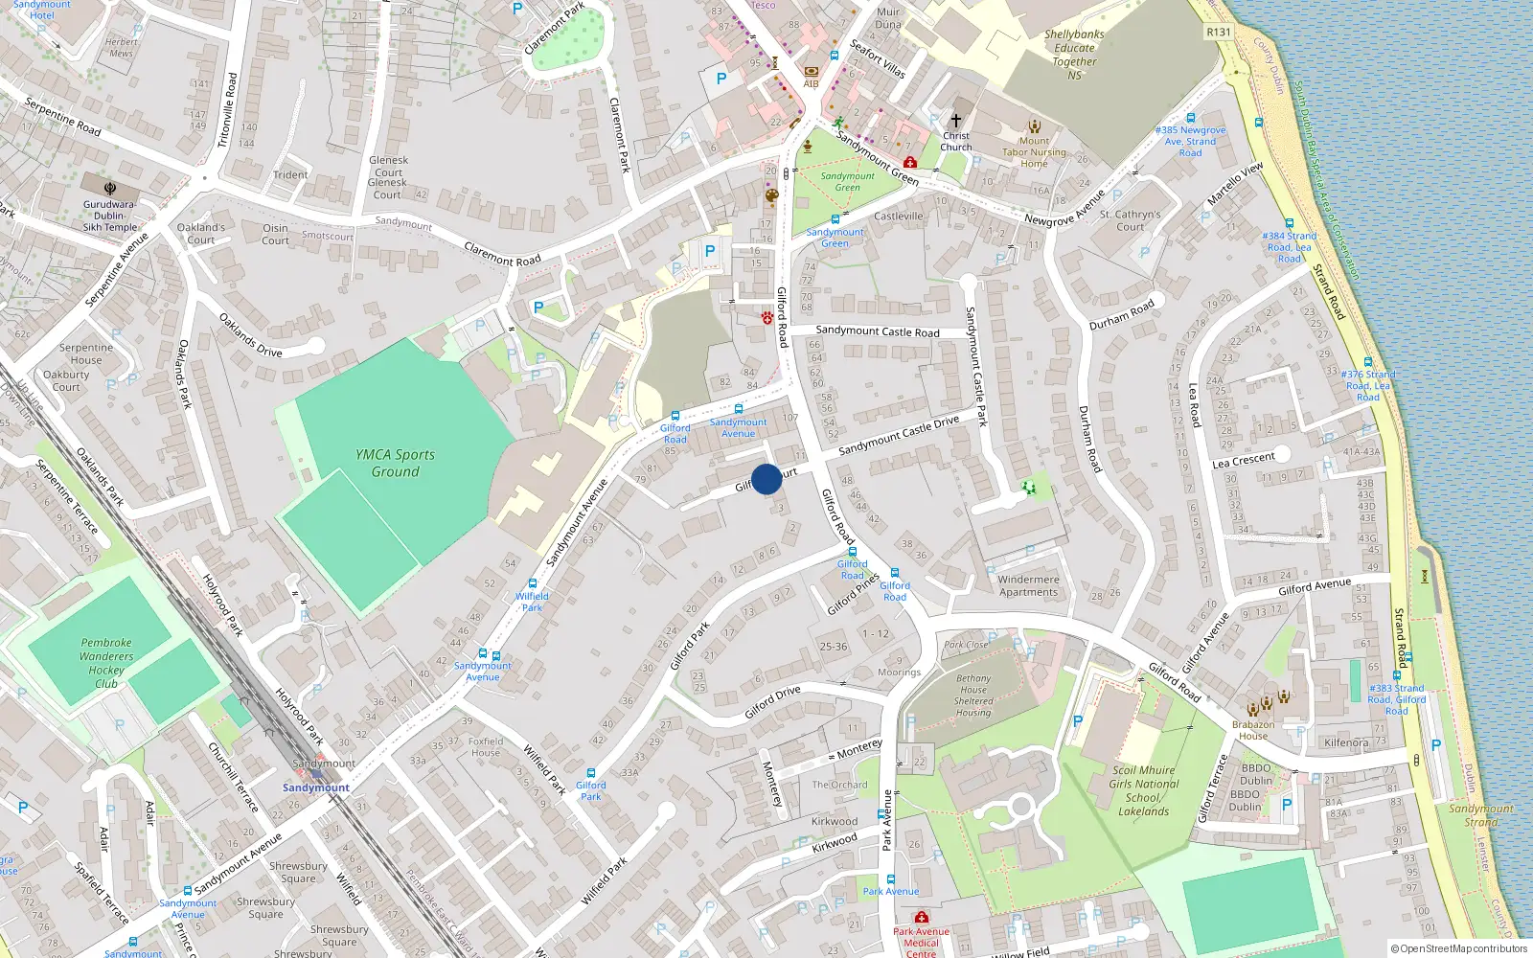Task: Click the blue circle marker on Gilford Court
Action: (x=766, y=479)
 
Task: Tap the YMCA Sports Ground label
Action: (x=395, y=463)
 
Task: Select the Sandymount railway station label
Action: (x=316, y=787)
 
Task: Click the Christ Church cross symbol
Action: (x=955, y=121)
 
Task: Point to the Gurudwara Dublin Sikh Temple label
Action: (x=109, y=216)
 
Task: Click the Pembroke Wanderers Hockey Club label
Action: (x=106, y=663)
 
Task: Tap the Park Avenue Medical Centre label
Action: (x=921, y=942)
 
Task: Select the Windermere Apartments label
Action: (x=1028, y=585)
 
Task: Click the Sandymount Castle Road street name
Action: (x=877, y=331)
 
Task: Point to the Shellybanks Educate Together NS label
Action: (x=1074, y=55)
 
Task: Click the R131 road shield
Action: (x=1218, y=32)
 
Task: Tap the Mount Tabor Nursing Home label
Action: (x=1034, y=152)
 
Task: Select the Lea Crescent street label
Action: (x=1244, y=461)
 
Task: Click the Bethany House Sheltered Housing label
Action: (x=972, y=695)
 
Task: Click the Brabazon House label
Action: (x=1252, y=730)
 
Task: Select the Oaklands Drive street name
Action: (x=250, y=335)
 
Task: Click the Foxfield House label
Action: (x=486, y=746)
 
